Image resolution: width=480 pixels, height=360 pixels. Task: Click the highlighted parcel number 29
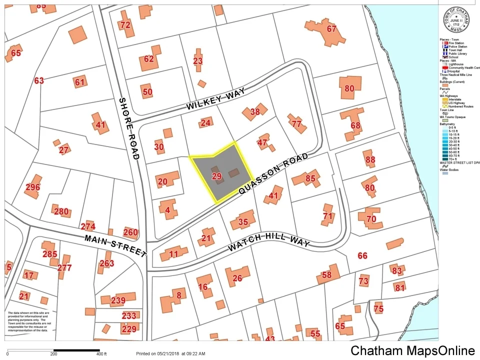(x=216, y=176)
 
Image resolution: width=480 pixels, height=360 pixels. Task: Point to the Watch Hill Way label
(x=268, y=241)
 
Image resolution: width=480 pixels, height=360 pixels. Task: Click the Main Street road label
(x=115, y=245)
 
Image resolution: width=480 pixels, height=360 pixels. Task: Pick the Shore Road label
(x=128, y=128)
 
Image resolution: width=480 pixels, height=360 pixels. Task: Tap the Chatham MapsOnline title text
(x=412, y=350)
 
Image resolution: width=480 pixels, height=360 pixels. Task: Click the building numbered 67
(x=331, y=29)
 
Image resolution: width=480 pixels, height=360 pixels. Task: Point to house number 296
(x=33, y=187)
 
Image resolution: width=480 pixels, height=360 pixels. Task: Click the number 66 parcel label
(x=362, y=255)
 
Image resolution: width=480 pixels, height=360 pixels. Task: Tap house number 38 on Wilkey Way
(x=255, y=112)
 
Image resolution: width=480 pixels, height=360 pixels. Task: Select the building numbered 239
(x=118, y=300)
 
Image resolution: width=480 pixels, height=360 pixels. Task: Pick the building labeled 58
(x=326, y=274)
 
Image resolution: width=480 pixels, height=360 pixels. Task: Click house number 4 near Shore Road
(x=167, y=210)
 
